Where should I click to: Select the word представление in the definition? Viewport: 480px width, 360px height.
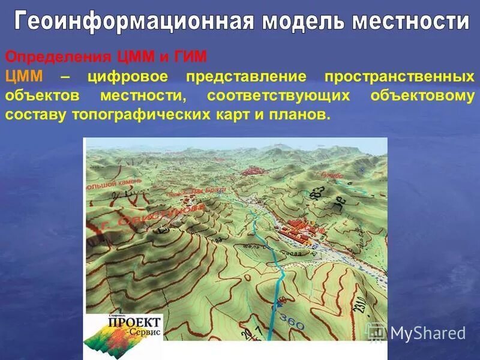pyautogui.click(x=247, y=76)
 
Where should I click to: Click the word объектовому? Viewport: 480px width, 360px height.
pyautogui.click(x=422, y=95)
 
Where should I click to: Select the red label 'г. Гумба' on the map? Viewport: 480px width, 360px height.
pyautogui.click(x=330, y=176)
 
